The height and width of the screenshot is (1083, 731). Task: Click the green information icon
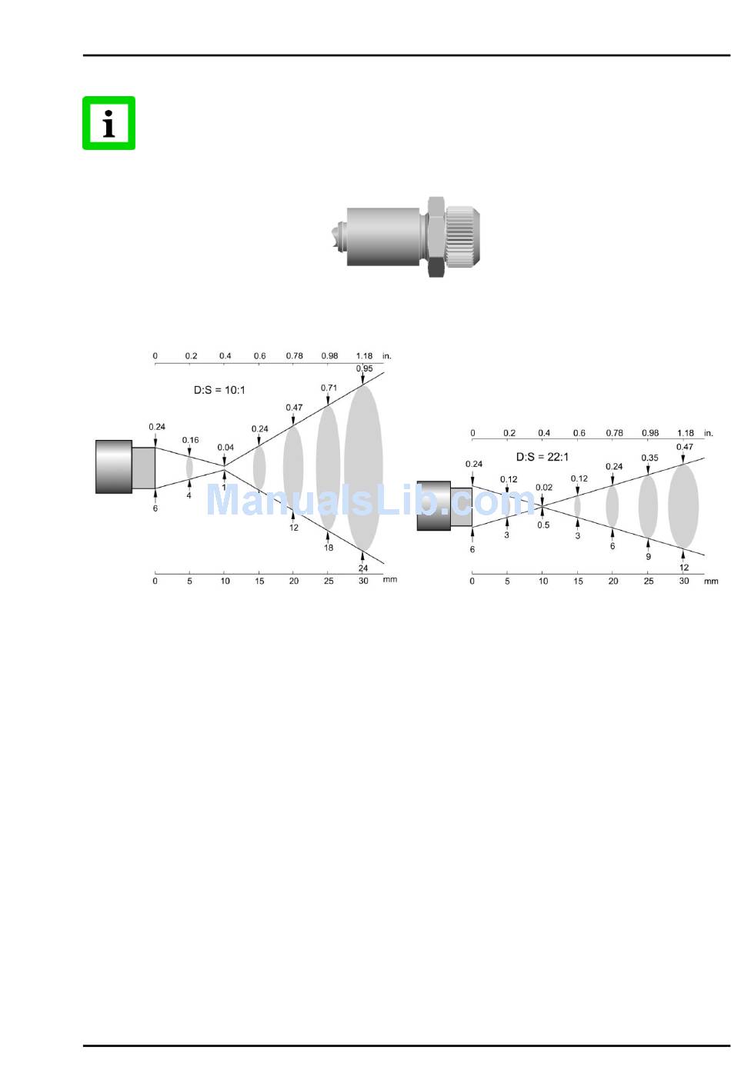[x=108, y=123]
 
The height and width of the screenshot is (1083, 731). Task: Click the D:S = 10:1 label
[x=219, y=390]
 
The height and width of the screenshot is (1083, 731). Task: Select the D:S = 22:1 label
[x=542, y=457]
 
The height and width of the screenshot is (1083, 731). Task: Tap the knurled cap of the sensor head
[x=462, y=237]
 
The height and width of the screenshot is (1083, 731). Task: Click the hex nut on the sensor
[x=436, y=237]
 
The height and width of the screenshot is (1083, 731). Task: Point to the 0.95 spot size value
[x=364, y=368]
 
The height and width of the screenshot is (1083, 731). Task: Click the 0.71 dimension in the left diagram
[x=329, y=388]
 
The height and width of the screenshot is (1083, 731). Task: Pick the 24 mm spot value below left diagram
[x=363, y=568]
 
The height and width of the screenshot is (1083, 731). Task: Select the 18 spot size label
[x=329, y=548]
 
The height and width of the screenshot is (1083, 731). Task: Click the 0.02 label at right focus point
[x=544, y=488]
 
